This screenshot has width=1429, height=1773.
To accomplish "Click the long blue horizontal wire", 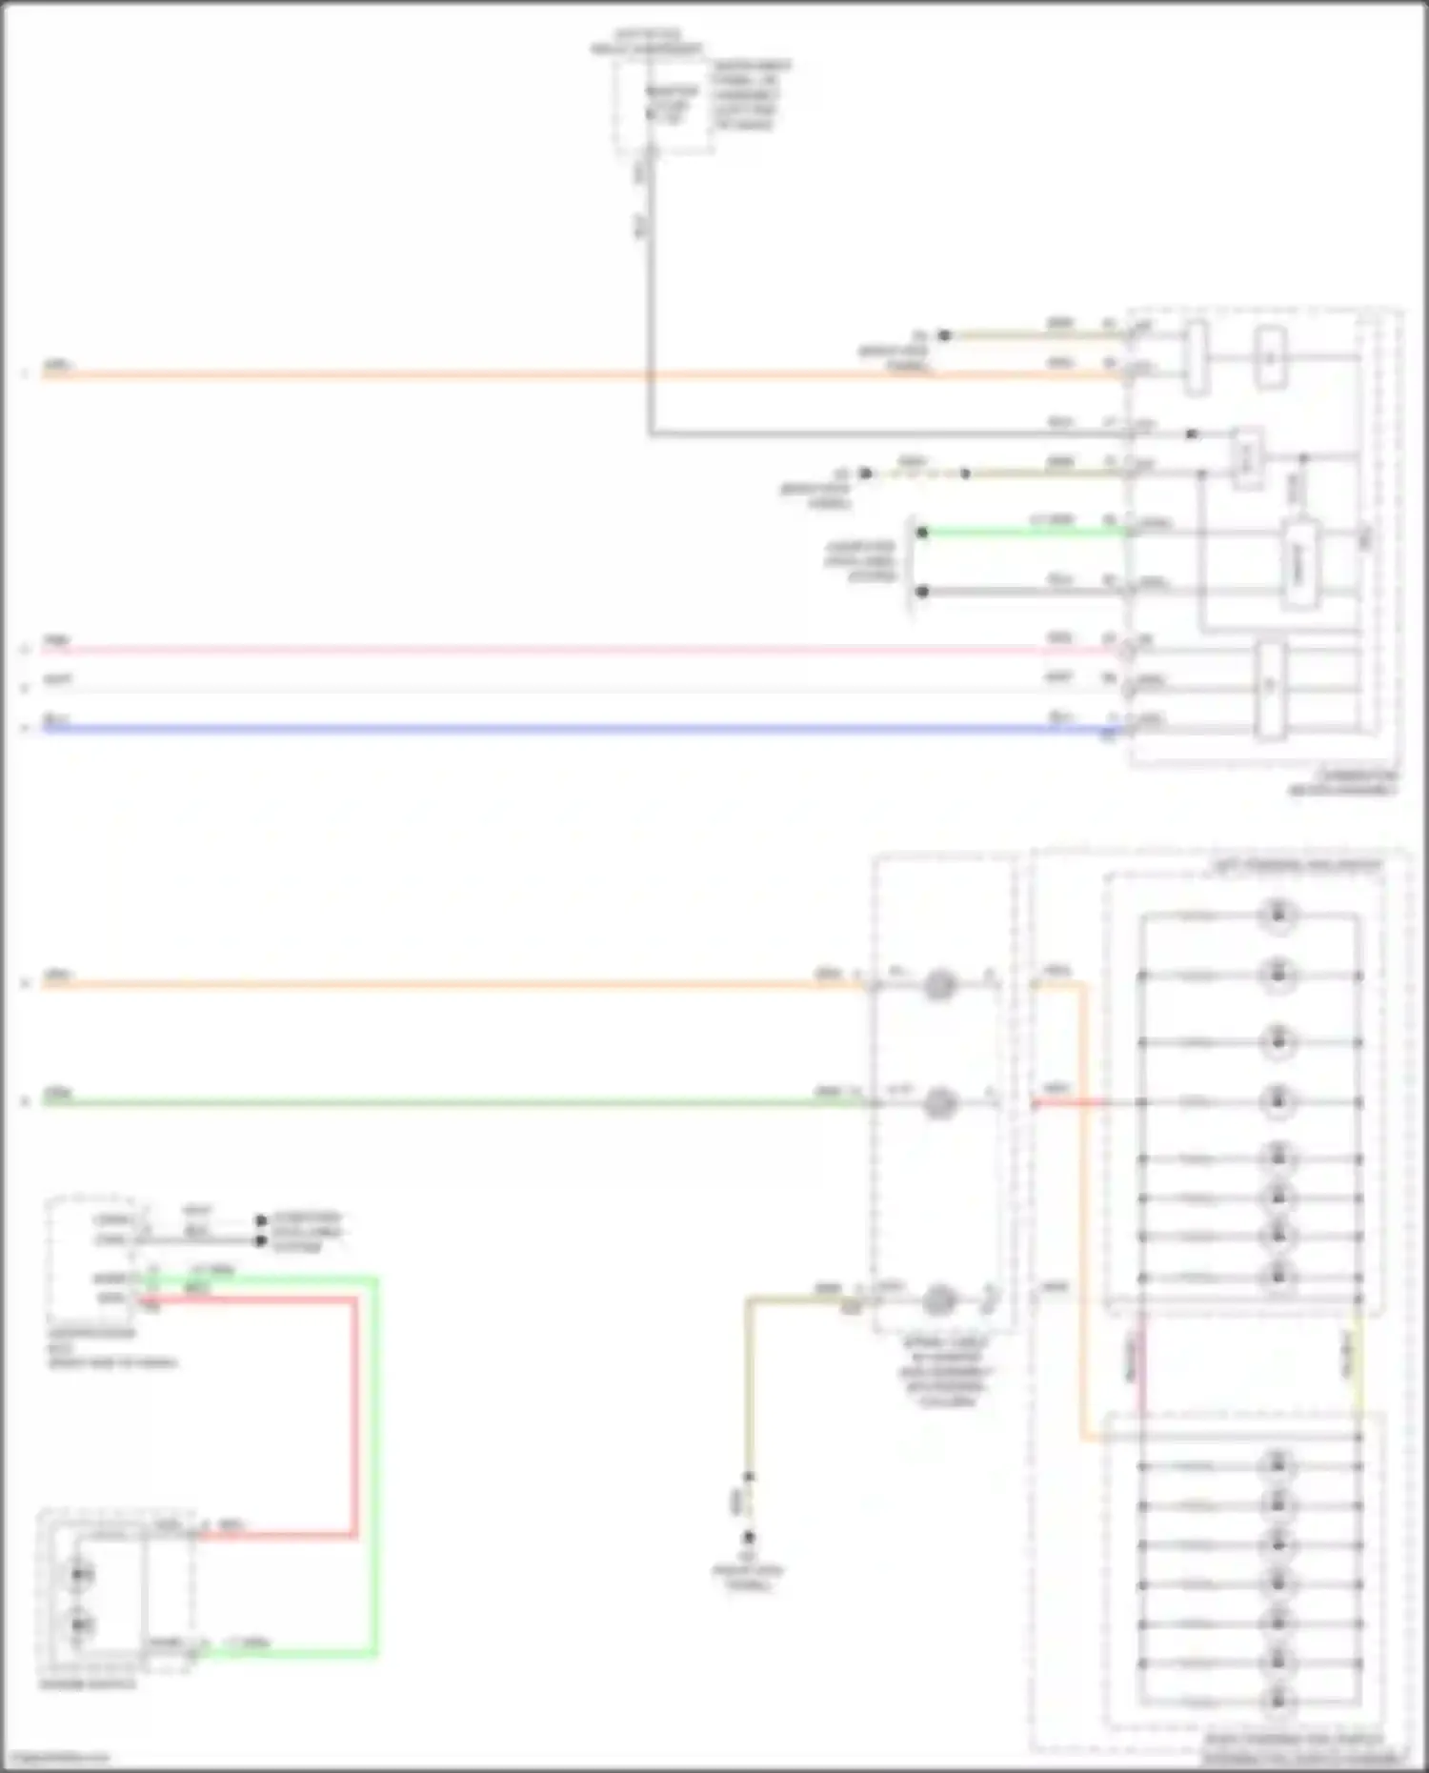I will tap(572, 730).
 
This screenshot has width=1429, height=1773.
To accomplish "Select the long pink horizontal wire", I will tap(572, 651).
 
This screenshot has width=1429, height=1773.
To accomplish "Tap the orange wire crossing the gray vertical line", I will tap(650, 375).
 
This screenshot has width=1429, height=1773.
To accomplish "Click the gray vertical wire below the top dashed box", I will tap(650, 286).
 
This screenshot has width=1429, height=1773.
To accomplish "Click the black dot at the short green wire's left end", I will tap(922, 532).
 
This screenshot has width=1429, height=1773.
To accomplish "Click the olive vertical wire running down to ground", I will tap(750, 1381).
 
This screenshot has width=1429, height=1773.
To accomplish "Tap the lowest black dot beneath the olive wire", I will tap(749, 1537).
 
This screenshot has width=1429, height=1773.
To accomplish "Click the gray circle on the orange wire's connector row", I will tap(939, 984).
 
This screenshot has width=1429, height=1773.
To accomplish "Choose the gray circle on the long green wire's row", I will tap(939, 1102).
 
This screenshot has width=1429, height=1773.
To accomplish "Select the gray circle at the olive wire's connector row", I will tap(939, 1299).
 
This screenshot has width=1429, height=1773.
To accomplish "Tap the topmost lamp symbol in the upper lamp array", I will tap(1278, 916).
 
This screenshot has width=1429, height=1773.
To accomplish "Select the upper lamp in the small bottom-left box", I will tap(80, 1573).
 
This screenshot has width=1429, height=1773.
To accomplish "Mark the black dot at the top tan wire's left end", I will tap(944, 335).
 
